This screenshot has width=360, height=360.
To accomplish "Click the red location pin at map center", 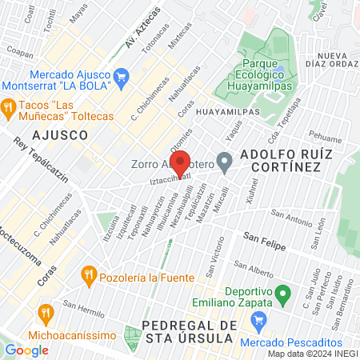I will tap(181, 163).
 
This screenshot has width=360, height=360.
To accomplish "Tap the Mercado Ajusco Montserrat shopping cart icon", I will tap(122, 77).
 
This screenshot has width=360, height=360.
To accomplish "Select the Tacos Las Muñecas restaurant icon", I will tap(9, 106).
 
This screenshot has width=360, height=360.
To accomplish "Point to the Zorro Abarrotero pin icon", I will tap(225, 165).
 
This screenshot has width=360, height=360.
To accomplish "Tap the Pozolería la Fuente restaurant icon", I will tap(88, 278).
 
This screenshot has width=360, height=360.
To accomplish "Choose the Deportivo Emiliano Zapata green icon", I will tap(281, 297).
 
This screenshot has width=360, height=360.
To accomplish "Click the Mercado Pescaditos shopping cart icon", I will tap(258, 322).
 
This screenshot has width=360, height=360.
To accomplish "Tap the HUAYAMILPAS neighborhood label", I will tap(227, 112).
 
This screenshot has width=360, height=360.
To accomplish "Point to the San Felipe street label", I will tap(263, 238).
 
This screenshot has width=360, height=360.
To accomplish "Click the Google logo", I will tap(27, 350).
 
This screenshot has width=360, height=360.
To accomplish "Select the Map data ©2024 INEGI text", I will tap(311, 354).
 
